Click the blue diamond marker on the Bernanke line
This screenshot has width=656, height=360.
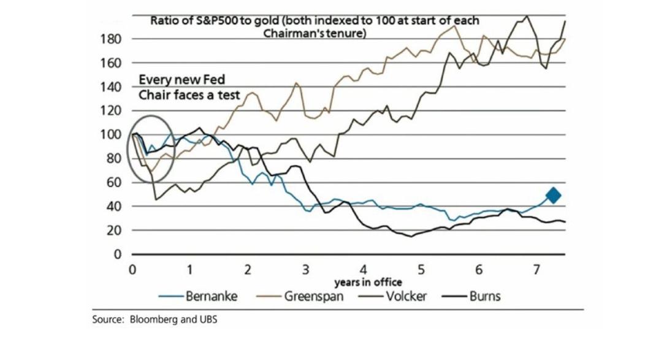[553, 196]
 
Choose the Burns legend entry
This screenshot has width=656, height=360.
[484, 296]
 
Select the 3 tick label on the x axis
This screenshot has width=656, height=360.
[305, 269]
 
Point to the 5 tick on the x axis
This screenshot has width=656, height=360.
[422, 269]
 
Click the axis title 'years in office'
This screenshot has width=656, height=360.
[368, 282]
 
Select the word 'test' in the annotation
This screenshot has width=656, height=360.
[229, 95]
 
